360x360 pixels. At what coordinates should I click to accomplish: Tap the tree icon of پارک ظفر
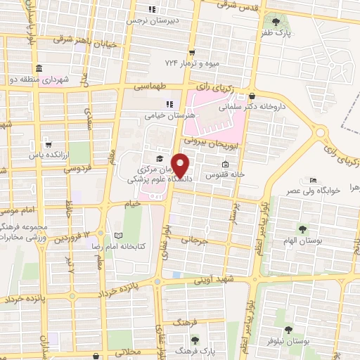(285, 21)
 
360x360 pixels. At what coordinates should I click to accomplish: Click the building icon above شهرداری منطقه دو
(38, 69)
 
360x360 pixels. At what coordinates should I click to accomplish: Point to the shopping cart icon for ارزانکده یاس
(47, 141)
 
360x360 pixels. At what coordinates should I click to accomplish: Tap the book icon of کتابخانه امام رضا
(118, 236)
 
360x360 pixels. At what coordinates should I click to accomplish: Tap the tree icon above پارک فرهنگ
(195, 339)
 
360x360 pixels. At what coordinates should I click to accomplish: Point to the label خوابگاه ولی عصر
(312, 191)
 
